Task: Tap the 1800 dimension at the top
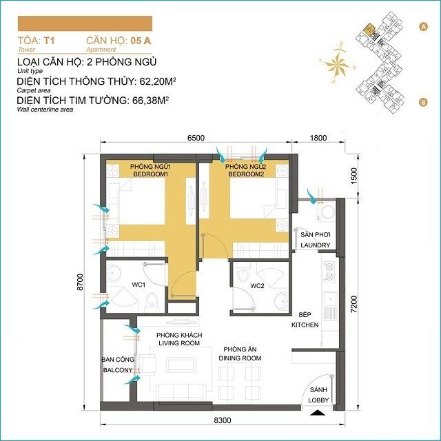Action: (318, 138)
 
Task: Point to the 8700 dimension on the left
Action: (81, 281)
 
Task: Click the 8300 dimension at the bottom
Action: (222, 420)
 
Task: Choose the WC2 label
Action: (257, 285)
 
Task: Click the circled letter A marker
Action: (422, 25)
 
